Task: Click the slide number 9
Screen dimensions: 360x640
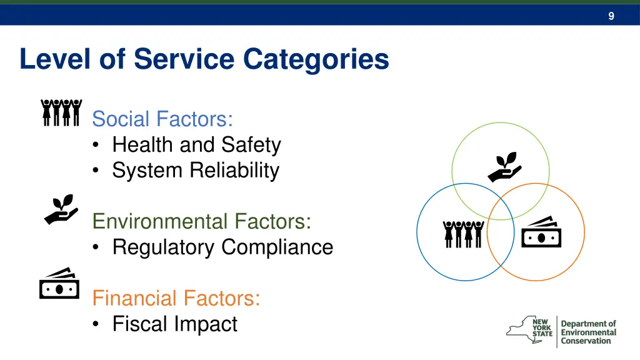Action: [x=611, y=16]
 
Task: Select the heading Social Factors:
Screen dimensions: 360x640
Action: [x=162, y=118]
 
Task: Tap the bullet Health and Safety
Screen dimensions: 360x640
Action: [x=196, y=144]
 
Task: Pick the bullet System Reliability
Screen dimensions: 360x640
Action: [x=195, y=170]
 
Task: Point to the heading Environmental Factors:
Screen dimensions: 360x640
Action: [x=201, y=221]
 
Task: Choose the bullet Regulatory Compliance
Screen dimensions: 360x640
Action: [x=222, y=247]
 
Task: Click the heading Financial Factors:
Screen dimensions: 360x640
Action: [x=176, y=298]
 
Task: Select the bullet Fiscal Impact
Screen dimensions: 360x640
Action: [x=174, y=324]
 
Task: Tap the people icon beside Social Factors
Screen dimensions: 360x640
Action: [x=61, y=112]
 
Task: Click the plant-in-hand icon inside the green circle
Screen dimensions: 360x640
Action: [x=504, y=166]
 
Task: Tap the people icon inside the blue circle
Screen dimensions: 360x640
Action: [x=463, y=234]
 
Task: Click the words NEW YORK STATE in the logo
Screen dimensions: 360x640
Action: [x=542, y=327]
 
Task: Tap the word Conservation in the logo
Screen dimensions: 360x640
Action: [x=586, y=341]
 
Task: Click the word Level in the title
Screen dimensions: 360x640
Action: [x=52, y=59]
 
